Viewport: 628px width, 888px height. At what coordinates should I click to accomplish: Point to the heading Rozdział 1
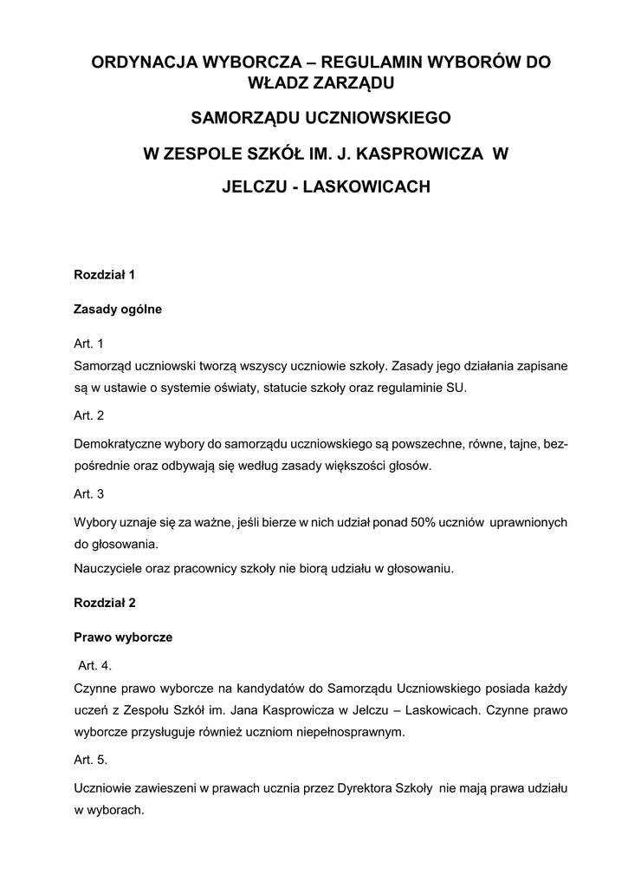click(x=105, y=276)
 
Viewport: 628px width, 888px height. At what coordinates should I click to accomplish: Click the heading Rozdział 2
click(x=105, y=601)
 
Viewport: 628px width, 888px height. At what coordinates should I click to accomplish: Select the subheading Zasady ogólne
click(x=118, y=309)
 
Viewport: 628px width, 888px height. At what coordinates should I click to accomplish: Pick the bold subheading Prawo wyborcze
click(x=123, y=637)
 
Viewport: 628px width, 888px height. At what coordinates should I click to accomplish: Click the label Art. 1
click(x=88, y=343)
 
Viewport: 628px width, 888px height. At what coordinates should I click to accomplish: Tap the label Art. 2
click(x=88, y=415)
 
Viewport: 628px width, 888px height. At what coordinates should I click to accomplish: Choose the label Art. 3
click(x=88, y=494)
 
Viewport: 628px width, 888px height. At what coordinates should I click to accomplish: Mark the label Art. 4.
click(x=94, y=666)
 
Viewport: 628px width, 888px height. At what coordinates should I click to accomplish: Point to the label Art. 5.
click(x=90, y=760)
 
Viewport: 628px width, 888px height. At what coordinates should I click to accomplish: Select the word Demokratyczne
click(x=117, y=444)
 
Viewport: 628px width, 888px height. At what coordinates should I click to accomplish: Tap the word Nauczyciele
click(x=107, y=569)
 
